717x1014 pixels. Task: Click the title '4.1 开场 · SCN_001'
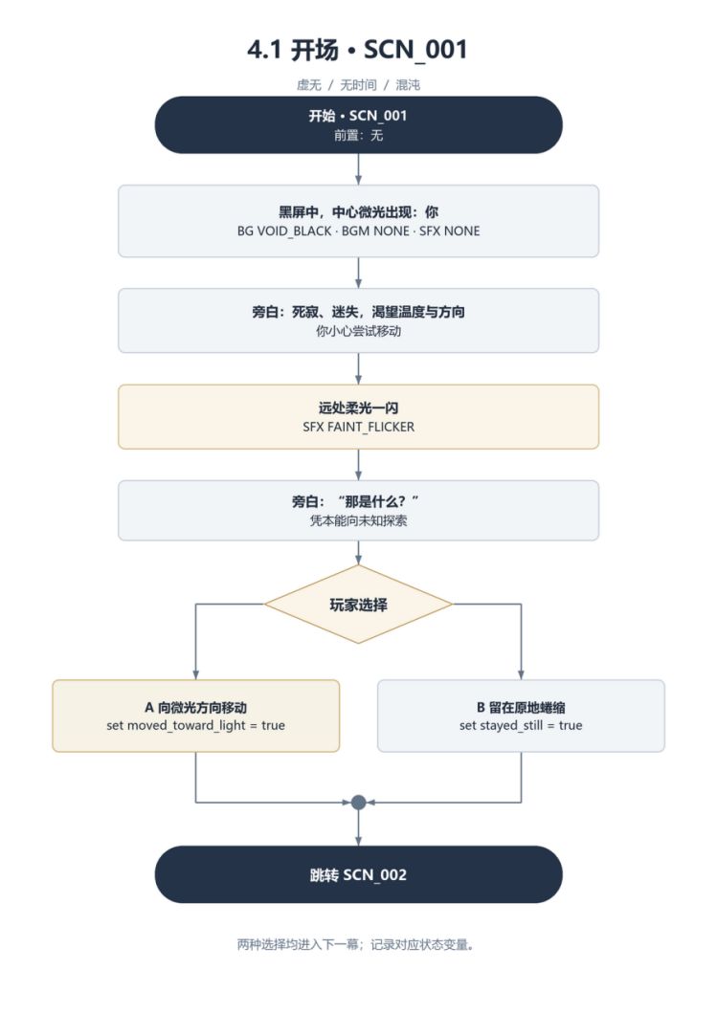[357, 50]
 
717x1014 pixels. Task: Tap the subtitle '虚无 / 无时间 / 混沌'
[358, 85]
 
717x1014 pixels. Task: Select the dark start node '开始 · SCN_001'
[358, 124]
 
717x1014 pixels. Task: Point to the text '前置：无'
[358, 135]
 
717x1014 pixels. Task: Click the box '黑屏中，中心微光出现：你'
[358, 221]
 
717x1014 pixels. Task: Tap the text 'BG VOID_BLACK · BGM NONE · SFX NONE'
[358, 231]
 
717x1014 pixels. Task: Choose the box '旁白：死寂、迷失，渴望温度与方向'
[358, 320]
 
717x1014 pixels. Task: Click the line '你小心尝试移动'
[358, 331]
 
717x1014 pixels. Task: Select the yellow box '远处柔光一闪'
[358, 416]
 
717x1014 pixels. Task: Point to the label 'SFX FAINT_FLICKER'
[358, 427]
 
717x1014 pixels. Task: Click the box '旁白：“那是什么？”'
[358, 510]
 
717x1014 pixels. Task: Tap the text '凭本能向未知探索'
[358, 520]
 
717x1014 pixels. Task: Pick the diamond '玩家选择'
[358, 604]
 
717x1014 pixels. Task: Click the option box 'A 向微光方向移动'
[196, 716]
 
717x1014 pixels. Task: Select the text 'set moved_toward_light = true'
[196, 725]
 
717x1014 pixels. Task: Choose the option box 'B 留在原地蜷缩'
[521, 716]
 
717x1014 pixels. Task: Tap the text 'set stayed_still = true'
[521, 725]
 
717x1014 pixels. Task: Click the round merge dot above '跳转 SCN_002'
[358, 803]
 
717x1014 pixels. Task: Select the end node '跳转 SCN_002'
[358, 874]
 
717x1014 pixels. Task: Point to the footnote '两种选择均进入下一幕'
[297, 945]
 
